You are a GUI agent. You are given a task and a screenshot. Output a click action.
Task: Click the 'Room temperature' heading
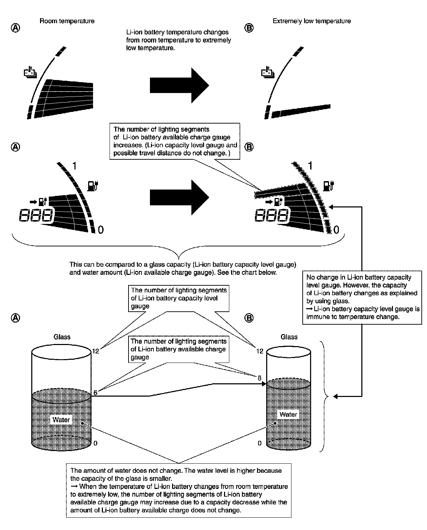pyautogui.click(x=67, y=21)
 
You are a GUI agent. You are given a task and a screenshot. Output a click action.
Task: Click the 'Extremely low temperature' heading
pyautogui.click(x=311, y=21)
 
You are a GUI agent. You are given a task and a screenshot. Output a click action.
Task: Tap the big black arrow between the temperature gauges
pyautogui.click(x=179, y=85)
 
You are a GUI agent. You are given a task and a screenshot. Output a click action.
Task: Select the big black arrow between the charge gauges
pyautogui.click(x=179, y=197)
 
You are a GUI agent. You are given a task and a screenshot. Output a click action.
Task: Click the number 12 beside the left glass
pyautogui.click(x=96, y=351)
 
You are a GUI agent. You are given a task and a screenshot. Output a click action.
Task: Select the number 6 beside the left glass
pyautogui.click(x=95, y=393)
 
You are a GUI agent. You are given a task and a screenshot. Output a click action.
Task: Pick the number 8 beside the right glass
pyautogui.click(x=260, y=378)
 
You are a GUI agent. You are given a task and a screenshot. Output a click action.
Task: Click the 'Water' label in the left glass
pyautogui.click(x=61, y=420)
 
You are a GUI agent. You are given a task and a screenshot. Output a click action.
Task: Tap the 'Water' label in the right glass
pyautogui.click(x=288, y=415)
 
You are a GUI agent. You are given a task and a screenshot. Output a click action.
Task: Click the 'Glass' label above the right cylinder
pyautogui.click(x=289, y=337)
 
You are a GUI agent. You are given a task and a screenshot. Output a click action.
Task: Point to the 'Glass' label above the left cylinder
pyautogui.click(x=62, y=337)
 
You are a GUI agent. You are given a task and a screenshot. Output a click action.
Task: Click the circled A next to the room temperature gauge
pyautogui.click(x=15, y=28)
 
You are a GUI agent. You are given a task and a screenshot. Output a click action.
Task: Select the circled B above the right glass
pyautogui.click(x=249, y=318)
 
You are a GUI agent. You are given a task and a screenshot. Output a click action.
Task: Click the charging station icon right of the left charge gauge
pyautogui.click(x=93, y=185)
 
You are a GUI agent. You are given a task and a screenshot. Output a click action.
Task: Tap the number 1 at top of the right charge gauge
pyautogui.click(x=310, y=165)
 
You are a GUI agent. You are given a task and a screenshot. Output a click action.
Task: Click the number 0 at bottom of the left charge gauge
pyautogui.click(x=100, y=230)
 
